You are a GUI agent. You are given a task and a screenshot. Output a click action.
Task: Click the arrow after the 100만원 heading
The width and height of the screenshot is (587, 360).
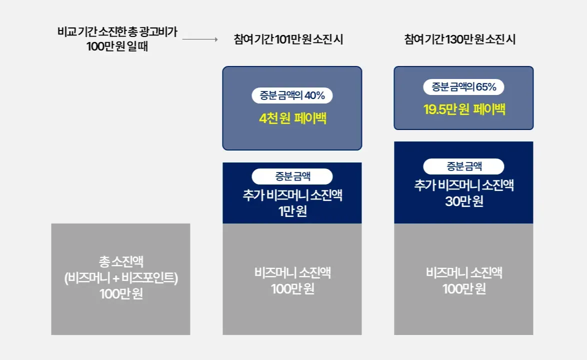tap(200, 39)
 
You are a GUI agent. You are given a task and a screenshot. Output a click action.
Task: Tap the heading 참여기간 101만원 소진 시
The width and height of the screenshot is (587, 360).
tap(288, 39)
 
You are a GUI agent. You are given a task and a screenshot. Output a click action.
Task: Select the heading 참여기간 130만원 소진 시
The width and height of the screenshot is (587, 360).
tap(459, 39)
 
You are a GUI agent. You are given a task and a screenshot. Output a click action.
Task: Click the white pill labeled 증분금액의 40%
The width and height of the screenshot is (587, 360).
tap(292, 95)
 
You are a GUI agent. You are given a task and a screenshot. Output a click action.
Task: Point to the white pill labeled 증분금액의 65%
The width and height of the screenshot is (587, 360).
tap(463, 87)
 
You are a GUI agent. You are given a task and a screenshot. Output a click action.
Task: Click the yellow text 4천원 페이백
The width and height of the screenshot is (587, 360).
tap(293, 118)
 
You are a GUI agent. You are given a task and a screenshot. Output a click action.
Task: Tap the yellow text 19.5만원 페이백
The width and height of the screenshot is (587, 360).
tap(464, 109)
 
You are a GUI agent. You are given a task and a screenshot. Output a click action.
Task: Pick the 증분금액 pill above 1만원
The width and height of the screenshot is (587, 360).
tap(292, 176)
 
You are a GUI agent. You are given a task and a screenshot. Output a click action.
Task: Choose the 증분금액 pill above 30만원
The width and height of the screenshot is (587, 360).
tap(463, 166)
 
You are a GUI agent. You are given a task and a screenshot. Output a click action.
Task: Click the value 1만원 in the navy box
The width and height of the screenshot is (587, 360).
tap(292, 211)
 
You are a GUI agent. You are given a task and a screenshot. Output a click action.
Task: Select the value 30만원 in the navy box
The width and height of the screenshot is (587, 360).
tap(464, 201)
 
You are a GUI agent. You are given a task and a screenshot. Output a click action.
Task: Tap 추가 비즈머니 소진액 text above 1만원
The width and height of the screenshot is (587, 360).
tap(292, 195)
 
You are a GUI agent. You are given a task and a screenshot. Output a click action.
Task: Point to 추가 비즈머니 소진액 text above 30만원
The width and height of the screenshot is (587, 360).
tap(464, 185)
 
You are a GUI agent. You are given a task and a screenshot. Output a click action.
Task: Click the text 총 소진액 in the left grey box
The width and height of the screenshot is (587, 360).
tap(121, 261)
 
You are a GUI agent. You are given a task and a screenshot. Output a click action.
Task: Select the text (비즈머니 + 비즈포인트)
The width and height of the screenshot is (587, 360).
tap(121, 277)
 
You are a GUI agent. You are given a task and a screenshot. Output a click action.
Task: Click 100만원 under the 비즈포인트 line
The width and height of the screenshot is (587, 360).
tap(121, 294)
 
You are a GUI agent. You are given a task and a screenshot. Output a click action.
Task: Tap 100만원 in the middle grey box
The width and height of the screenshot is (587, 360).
tap(292, 289)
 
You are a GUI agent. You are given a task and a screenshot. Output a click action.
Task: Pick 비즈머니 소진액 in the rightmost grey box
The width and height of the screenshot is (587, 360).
tap(464, 272)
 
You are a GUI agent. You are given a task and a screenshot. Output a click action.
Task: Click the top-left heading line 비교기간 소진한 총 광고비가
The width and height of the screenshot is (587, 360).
tap(117, 32)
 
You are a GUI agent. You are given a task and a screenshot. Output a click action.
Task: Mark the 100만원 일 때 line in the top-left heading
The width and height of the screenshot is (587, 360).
tap(117, 46)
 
